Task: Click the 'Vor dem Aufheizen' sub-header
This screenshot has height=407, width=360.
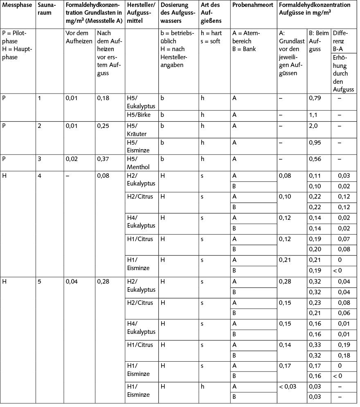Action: (x=79, y=37)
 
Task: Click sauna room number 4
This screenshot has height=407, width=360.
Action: (x=40, y=176)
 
